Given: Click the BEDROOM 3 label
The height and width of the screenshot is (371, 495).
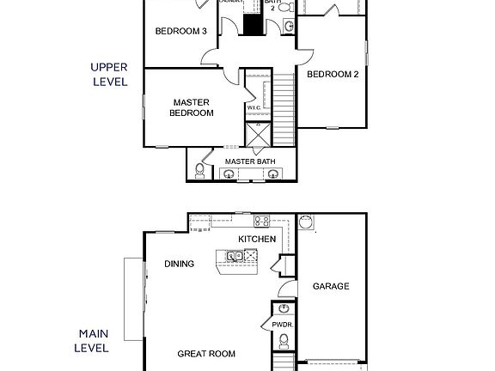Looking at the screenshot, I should (180, 32).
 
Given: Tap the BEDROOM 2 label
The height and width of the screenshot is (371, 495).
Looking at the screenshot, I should (333, 74).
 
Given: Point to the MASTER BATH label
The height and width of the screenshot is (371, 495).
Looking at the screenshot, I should (249, 161).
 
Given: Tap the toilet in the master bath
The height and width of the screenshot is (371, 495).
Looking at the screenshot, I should (200, 171).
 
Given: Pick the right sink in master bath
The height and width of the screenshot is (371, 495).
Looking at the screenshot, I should (273, 174).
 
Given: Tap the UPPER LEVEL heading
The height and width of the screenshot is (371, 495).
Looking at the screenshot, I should (109, 74).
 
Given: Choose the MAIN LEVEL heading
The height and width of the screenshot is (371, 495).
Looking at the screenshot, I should (94, 340).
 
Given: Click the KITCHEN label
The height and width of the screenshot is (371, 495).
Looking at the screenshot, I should (257, 238).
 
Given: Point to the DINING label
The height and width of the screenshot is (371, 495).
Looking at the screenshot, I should (179, 264).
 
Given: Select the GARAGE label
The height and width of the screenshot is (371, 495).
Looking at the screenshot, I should (330, 286).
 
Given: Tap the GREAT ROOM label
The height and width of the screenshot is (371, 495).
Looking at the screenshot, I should (206, 353).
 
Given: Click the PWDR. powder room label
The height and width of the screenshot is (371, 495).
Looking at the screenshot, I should (283, 325).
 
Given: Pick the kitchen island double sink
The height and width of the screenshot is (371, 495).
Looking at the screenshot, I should (234, 256).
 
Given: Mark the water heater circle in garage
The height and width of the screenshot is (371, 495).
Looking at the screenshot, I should (306, 223).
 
